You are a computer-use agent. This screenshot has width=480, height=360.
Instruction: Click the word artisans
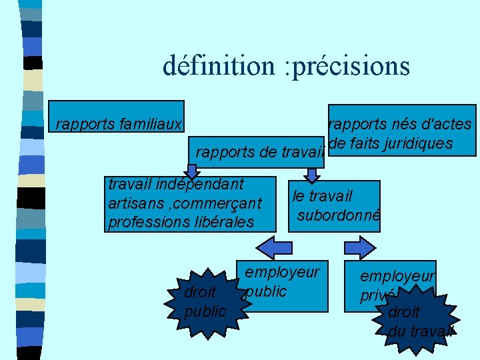131,202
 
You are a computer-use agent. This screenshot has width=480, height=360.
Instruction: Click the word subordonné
338,215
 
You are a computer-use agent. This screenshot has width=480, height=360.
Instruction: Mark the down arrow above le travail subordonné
311,173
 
